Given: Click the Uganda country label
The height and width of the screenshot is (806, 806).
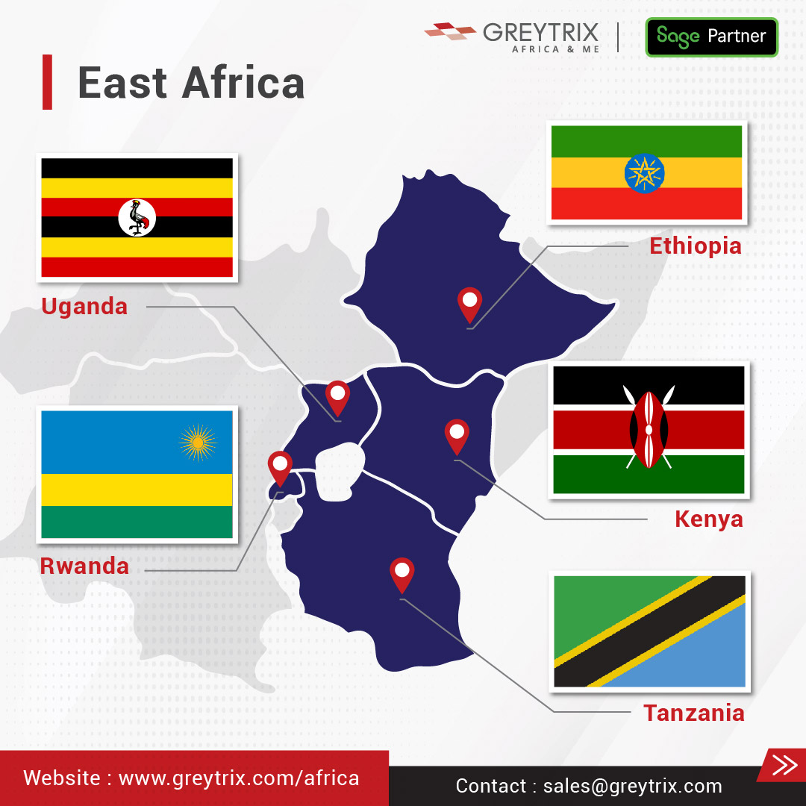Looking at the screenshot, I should (84, 306).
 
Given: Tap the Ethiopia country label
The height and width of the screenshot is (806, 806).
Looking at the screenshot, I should (695, 246).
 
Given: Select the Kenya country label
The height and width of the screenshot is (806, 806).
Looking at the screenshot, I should (708, 519).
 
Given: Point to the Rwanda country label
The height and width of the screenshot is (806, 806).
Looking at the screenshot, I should (84, 566).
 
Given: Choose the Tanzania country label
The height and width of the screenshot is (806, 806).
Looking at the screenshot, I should (693, 713).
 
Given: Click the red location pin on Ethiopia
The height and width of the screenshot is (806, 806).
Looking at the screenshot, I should (469, 303).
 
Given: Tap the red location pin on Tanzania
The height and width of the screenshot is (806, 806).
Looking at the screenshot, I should (402, 573).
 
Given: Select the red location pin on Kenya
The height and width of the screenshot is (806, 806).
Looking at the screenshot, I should (456, 434).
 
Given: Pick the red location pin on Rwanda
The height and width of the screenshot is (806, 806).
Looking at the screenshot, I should (280, 466).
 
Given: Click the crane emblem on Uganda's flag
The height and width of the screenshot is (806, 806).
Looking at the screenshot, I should (137, 218).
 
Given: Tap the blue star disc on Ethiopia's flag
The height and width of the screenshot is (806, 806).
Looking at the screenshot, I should (644, 173).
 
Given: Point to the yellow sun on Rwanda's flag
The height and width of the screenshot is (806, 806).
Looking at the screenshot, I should (198, 443).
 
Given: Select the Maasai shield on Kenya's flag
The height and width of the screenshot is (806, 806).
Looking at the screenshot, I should (649, 429).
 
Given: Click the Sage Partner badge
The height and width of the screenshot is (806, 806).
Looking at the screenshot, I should (711, 37).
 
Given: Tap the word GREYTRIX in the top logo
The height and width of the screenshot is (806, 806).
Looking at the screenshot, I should (540, 32).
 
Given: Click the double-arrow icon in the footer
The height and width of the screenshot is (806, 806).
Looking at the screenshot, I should (784, 765).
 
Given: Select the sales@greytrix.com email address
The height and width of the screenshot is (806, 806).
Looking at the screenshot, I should (632, 786).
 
